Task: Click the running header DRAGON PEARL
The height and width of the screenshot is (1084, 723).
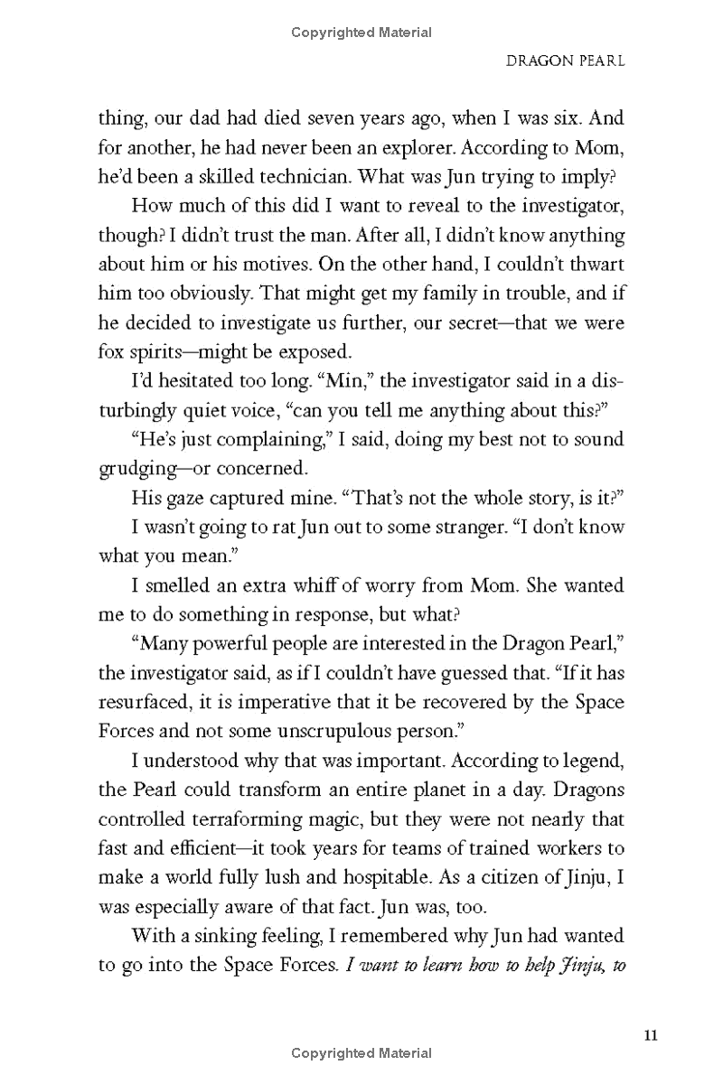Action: click(566, 64)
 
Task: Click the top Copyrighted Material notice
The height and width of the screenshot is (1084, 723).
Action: click(361, 33)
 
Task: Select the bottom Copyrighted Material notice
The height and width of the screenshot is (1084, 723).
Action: click(361, 1053)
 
